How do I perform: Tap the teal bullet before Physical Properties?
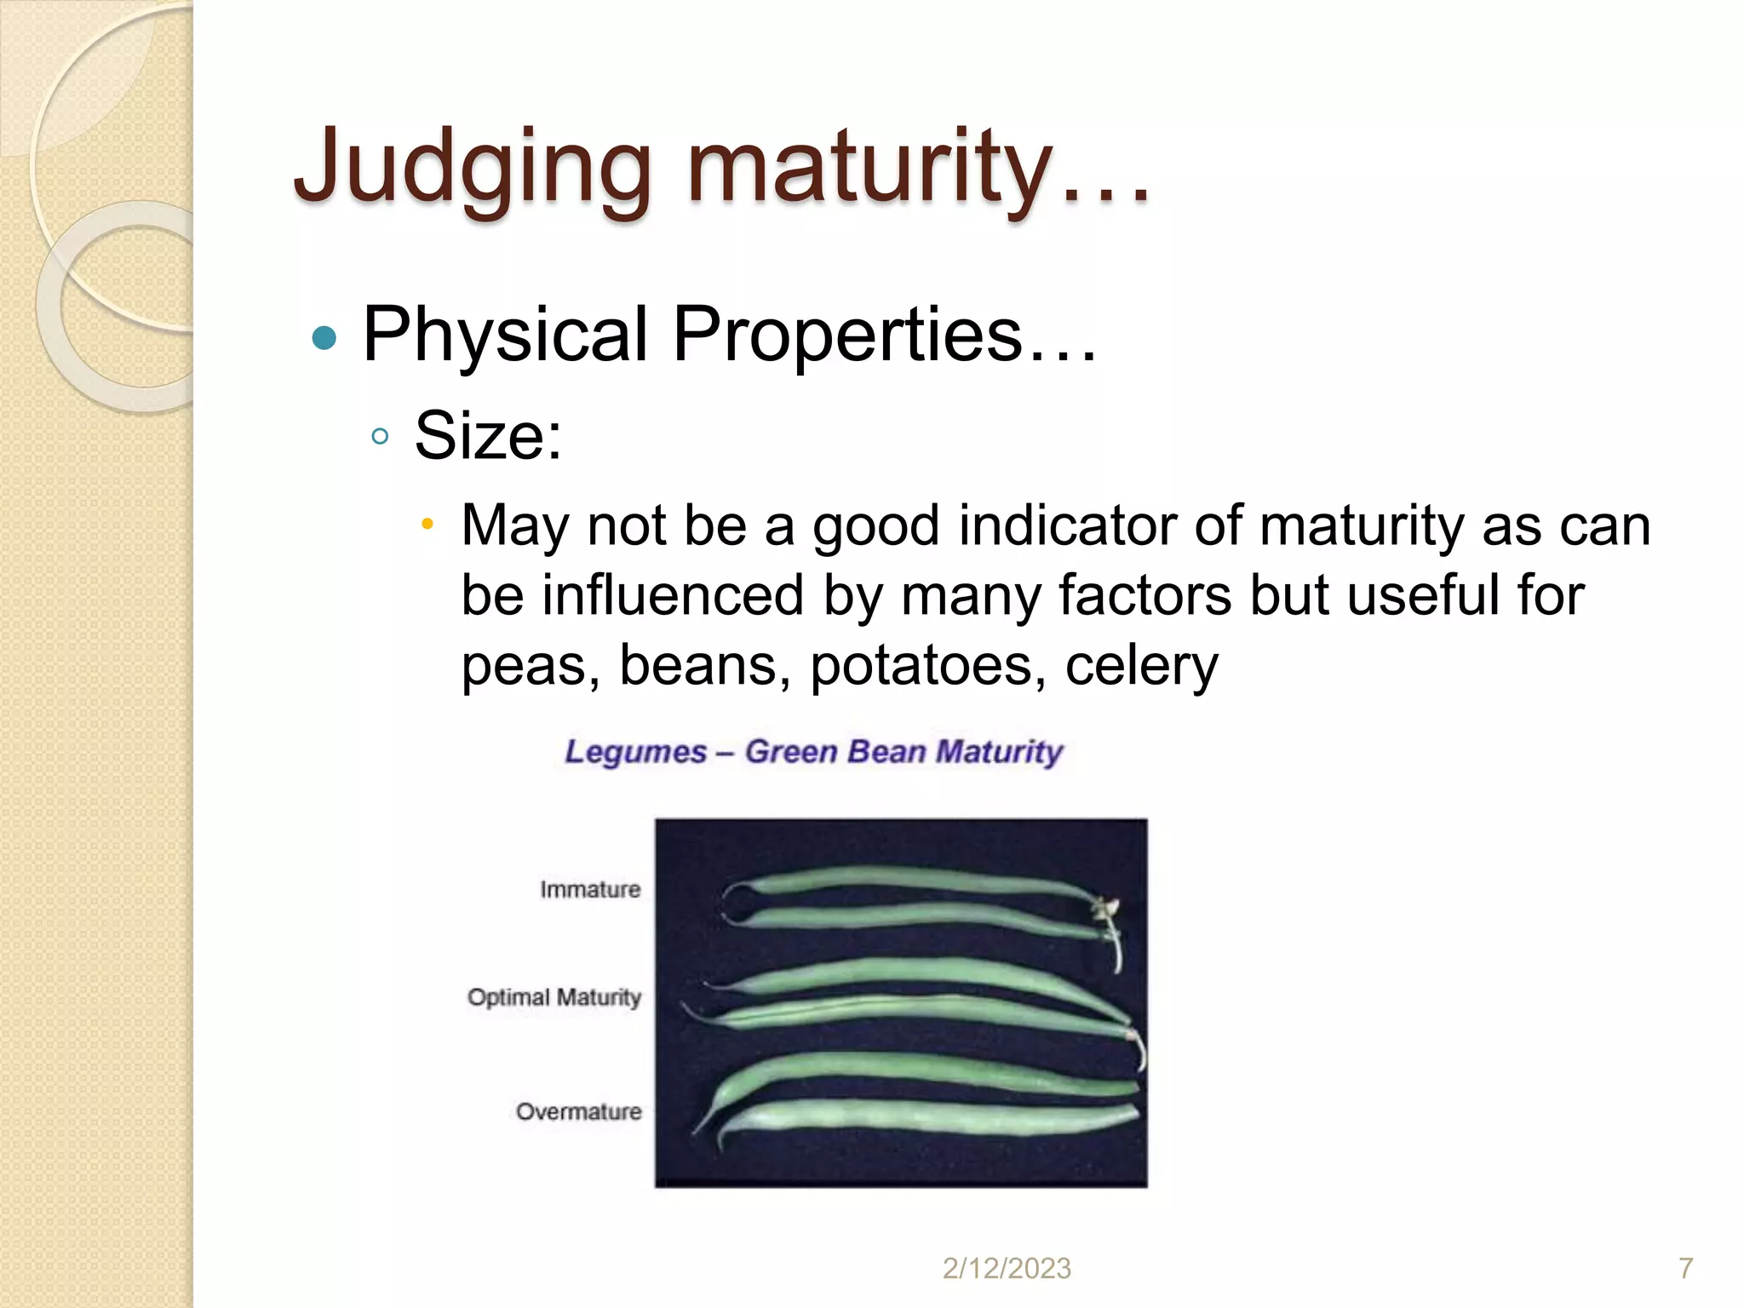point(324,338)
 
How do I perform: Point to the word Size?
point(488,436)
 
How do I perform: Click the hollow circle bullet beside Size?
point(380,438)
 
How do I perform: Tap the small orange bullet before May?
point(427,523)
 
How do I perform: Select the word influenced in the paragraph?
point(673,595)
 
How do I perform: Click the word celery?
point(1141,665)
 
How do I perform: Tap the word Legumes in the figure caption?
point(636,752)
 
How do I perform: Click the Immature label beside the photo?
point(590,890)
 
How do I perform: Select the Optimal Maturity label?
point(554,997)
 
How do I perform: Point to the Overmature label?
point(579,1112)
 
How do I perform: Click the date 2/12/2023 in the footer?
point(1007,1269)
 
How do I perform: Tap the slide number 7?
point(1685,1269)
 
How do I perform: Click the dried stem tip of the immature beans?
point(1106,911)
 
